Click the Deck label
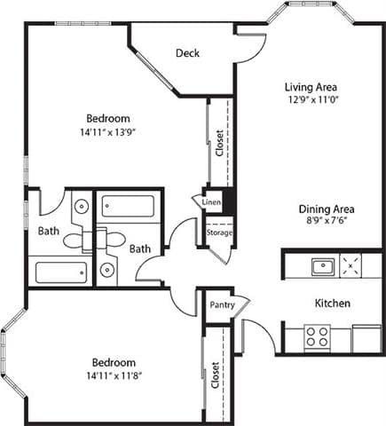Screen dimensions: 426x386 tap(187, 53)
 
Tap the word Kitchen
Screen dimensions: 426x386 tap(333, 304)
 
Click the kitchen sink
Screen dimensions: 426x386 tap(321, 264)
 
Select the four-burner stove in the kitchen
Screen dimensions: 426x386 tap(317, 336)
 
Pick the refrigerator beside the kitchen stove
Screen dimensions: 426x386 tap(366, 338)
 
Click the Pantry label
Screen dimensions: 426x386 tap(221, 304)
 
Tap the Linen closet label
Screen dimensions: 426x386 tap(211, 202)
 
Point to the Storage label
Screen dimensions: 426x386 tap(219, 233)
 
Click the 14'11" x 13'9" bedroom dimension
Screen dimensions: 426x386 tap(108, 132)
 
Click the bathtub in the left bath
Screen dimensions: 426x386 tap(59, 272)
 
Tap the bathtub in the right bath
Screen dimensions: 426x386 tap(128, 207)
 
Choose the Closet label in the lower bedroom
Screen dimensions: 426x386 tap(216, 376)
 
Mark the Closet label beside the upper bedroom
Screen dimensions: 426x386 tap(219, 143)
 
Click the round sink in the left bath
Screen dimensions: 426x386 tap(81, 207)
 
